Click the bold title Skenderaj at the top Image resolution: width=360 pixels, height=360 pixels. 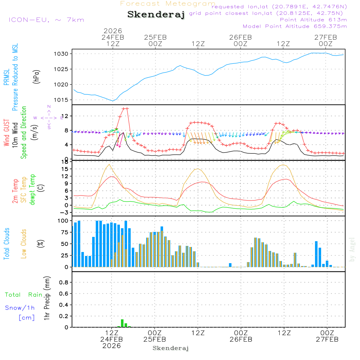pyautogui.click(x=156, y=14)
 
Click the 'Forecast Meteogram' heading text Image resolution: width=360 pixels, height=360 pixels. pyautogui.click(x=168, y=4)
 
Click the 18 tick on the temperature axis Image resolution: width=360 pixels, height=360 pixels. pyautogui.click(x=66, y=162)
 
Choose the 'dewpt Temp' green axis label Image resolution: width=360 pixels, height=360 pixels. pyautogui.click(x=32, y=190)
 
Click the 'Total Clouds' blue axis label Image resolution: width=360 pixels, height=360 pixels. pyautogui.click(x=6, y=244)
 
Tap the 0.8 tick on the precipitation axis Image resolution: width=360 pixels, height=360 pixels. pyautogui.click(x=63, y=283)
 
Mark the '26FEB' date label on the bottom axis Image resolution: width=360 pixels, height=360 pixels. pyautogui.click(x=240, y=339)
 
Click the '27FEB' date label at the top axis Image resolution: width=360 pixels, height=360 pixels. pyautogui.click(x=325, y=37)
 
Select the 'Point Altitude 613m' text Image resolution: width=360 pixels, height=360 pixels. pyautogui.click(x=313, y=20)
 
